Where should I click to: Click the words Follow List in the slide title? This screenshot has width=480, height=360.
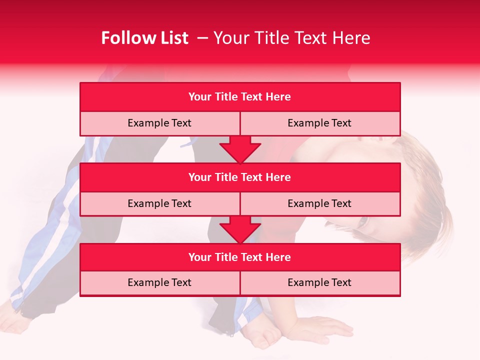coord(144,38)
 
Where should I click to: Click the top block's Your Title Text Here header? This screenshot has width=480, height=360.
coord(239,97)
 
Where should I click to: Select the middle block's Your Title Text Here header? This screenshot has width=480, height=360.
coord(239,177)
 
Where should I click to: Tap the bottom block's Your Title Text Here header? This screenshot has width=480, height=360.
coord(239,257)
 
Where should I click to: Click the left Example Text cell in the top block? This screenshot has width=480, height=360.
coord(159,123)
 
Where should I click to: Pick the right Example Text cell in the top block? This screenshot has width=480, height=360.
coord(319,123)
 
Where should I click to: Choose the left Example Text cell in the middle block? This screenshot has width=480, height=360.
coord(159,203)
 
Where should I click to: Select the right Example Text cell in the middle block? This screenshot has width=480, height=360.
coord(319,203)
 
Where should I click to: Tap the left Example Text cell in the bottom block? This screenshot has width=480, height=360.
coord(159,282)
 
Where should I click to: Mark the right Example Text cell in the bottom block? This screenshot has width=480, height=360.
coord(319,282)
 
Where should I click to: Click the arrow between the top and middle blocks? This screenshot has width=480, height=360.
coord(240,149)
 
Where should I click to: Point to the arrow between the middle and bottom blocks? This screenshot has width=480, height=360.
coord(240,229)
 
